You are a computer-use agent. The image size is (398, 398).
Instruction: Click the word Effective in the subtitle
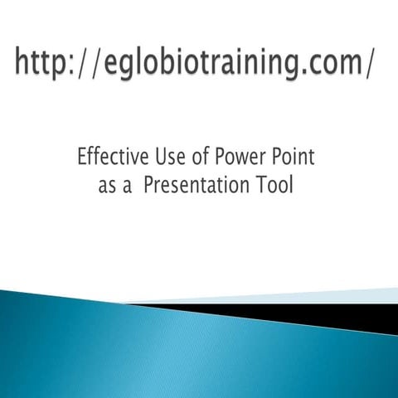(x=110, y=156)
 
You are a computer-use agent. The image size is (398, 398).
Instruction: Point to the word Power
(x=240, y=156)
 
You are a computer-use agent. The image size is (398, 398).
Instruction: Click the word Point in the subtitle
(x=294, y=156)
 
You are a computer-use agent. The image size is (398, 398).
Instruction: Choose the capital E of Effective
(x=81, y=156)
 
